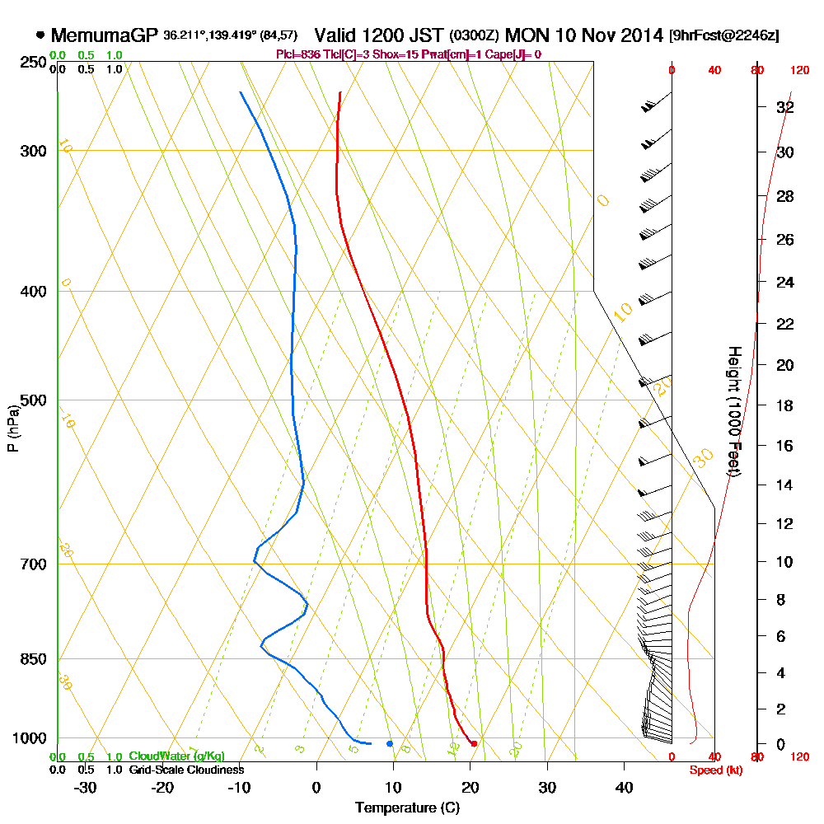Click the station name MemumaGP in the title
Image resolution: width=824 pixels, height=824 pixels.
pos(103,35)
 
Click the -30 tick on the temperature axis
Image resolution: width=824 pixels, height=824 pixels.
pos(85,787)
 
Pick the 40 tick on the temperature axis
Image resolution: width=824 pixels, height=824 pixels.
pos(625,787)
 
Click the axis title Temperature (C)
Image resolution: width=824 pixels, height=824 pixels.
pos(407,808)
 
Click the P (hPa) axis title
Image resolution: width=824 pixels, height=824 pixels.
pos(12,428)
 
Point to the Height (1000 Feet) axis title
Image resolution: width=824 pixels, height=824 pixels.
pos(733,411)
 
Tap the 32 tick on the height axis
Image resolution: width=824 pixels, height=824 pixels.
pos(785,107)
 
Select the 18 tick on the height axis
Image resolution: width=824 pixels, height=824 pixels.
pos(785,405)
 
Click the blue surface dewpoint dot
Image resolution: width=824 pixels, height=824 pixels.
pos(390,744)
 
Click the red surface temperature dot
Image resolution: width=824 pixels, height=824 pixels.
pos(474,744)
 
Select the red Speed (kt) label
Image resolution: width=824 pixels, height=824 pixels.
pos(710,770)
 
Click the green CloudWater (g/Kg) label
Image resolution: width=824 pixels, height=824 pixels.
pos(176,756)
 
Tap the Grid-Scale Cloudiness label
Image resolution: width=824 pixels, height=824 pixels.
pos(185,770)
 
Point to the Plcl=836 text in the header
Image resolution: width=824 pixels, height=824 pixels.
pos(295,54)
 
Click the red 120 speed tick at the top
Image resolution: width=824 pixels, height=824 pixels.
pos(798,70)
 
